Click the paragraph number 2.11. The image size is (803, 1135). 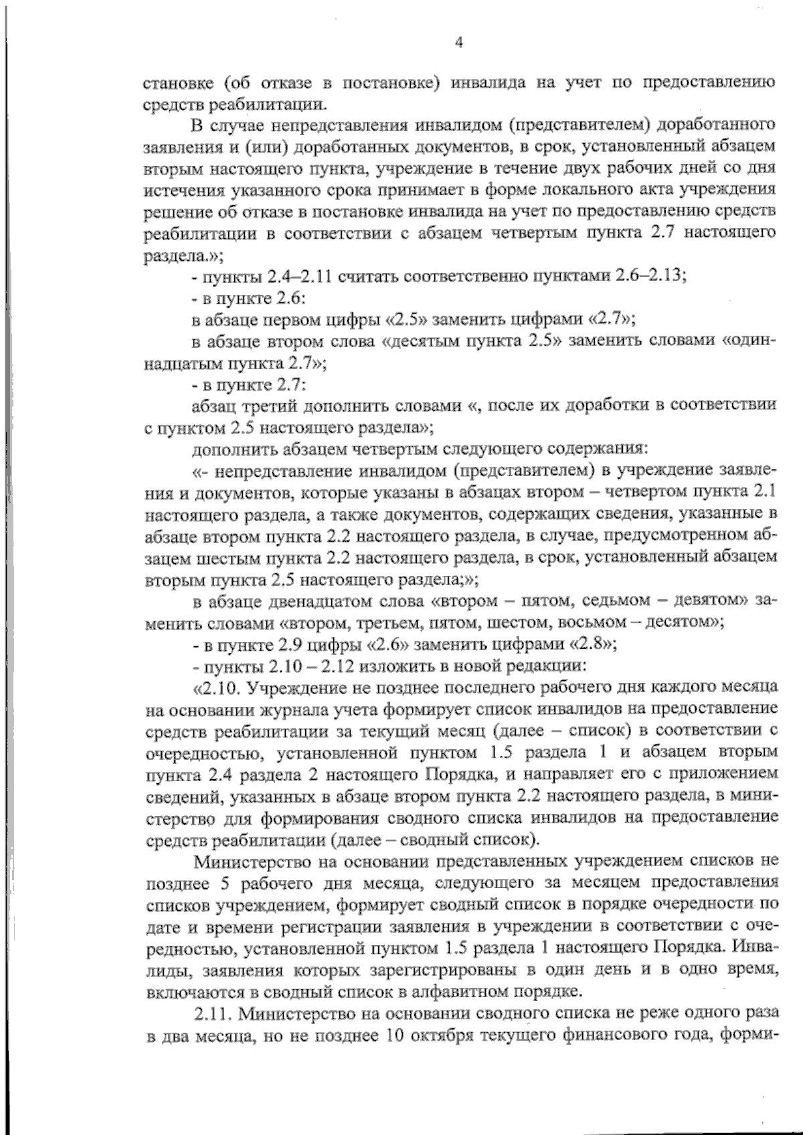click(x=213, y=1015)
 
